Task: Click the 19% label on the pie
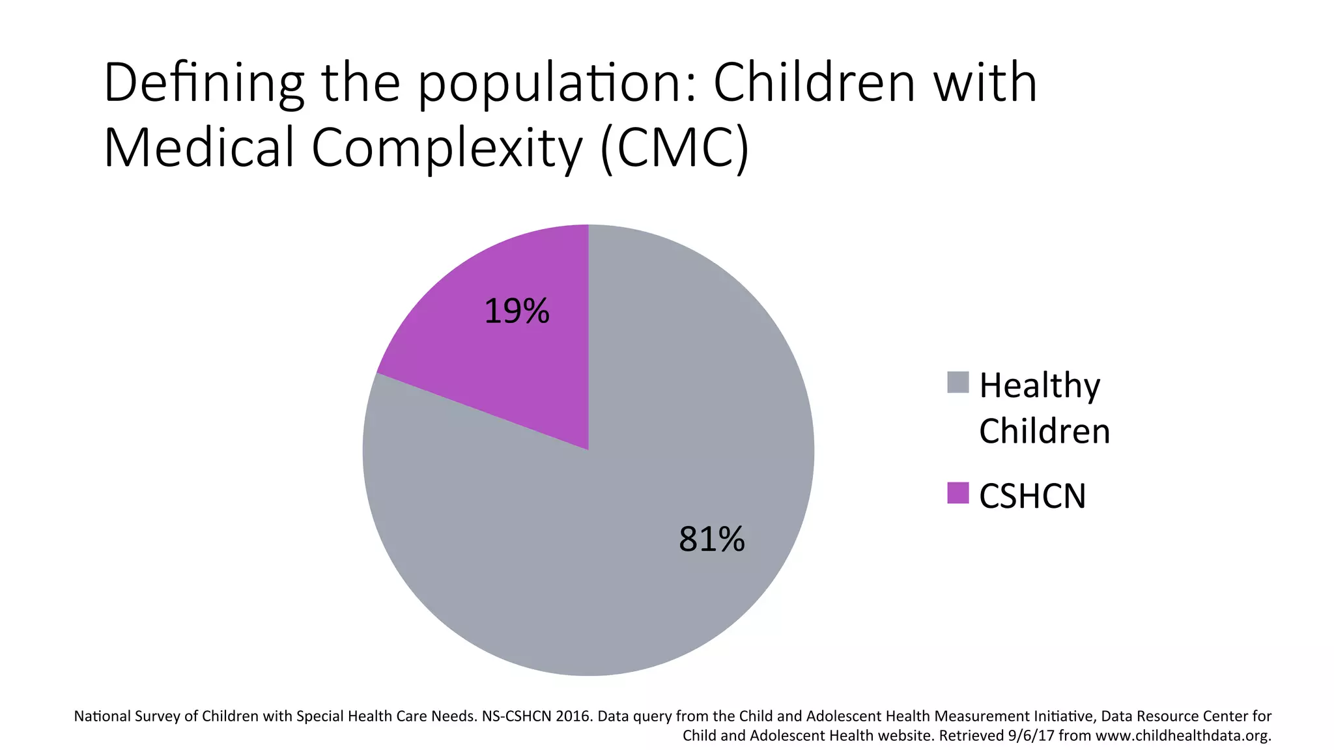tap(517, 311)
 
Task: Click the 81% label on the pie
tap(711, 539)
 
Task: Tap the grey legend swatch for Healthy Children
tap(958, 382)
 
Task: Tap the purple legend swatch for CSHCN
tap(958, 493)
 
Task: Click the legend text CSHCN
tap(1032, 496)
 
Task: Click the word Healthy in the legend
tap(1040, 386)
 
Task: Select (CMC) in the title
tap(675, 148)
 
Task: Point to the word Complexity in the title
tap(447, 148)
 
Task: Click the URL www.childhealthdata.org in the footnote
tap(1183, 736)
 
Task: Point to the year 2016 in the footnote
tap(573, 717)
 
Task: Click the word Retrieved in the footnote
tap(967, 736)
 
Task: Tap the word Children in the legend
tap(1044, 432)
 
